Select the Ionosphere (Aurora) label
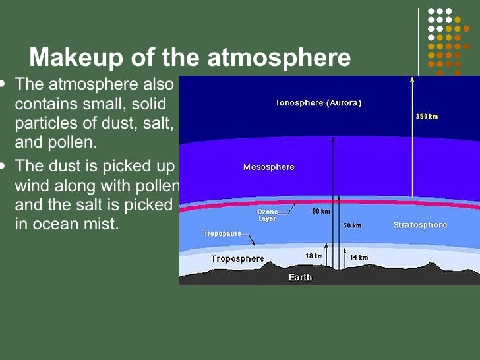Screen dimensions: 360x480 click(319, 103)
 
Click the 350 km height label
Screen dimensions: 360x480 click(427, 117)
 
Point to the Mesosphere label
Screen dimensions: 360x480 click(269, 167)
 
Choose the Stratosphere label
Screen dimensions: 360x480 click(420, 225)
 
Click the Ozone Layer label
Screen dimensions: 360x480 click(267, 215)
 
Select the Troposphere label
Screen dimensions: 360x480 click(237, 258)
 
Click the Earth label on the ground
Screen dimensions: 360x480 click(301, 277)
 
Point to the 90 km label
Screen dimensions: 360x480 click(321, 211)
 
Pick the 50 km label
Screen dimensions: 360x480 click(352, 225)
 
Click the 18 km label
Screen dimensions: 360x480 click(314, 255)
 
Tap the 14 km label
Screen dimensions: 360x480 click(359, 257)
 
